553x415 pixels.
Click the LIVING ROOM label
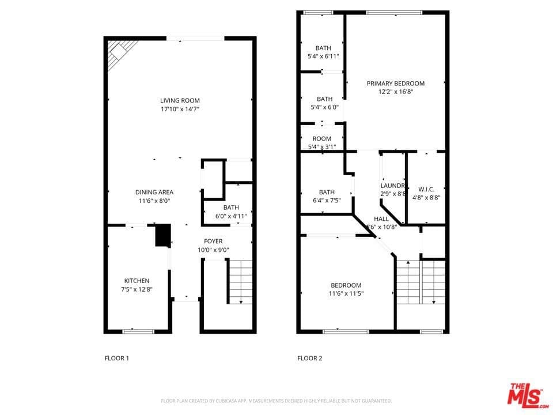coord(180,100)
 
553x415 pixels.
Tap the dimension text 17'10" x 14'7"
coord(180,109)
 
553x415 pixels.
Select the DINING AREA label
coord(154,192)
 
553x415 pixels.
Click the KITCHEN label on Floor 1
coord(137,281)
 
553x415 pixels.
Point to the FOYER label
coord(213,241)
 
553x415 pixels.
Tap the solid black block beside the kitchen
coord(163,236)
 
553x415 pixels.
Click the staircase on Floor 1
coord(241,281)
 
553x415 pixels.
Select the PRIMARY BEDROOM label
coord(395,84)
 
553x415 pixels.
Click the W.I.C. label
coord(426,188)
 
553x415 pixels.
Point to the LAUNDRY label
coord(394,186)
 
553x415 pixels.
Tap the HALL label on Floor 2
coord(381,219)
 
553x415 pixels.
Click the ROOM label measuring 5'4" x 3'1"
coord(322,138)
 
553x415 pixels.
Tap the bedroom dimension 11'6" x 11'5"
coord(346,293)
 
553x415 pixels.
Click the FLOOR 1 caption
coord(116,359)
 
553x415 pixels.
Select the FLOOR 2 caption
coord(309,359)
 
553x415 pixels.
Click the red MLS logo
coord(524,394)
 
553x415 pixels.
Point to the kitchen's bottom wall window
coord(138,331)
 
